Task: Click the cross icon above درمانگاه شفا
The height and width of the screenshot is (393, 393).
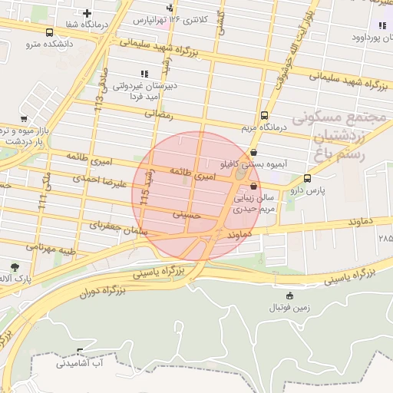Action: click(88, 13)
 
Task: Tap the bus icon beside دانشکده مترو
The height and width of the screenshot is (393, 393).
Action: click(50, 33)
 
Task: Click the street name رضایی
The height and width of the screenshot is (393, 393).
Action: click(160, 114)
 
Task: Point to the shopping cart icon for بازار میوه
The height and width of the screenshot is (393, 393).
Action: click(24, 119)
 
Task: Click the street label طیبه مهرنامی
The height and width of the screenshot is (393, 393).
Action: click(51, 249)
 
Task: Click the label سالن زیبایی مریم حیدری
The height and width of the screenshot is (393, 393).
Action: click(254, 203)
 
